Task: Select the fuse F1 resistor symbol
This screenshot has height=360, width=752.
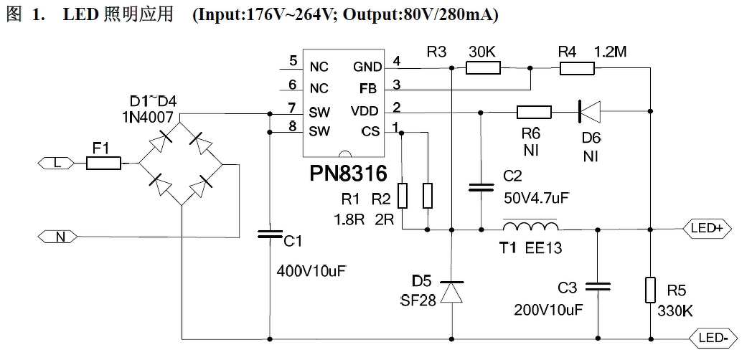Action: (x=104, y=164)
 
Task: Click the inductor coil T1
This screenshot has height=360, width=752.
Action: (x=530, y=227)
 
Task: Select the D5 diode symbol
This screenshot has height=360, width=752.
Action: (x=451, y=293)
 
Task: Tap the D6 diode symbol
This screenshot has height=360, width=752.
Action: (x=590, y=111)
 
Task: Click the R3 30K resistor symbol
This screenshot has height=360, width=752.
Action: (x=483, y=68)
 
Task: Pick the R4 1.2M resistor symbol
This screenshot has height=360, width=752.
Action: (x=577, y=68)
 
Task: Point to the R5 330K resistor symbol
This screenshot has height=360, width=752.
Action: (x=650, y=290)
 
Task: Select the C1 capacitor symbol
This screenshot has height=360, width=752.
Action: (x=270, y=233)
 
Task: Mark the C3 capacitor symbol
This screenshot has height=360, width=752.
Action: (x=597, y=287)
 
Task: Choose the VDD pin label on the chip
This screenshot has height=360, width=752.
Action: (x=365, y=111)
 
